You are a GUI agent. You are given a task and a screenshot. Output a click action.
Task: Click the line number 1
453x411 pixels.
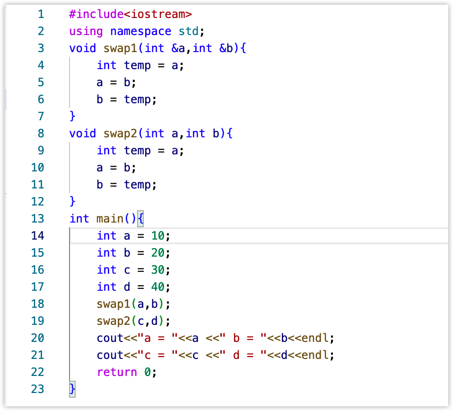tap(41, 14)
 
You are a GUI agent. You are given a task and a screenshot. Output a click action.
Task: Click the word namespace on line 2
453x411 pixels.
tap(141, 31)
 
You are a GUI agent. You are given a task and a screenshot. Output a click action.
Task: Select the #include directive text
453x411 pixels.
tap(96, 14)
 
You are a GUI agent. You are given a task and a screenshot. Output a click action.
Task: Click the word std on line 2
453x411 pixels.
tap(189, 31)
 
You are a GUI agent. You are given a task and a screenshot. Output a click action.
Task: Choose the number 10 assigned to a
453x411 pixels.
tap(158, 236)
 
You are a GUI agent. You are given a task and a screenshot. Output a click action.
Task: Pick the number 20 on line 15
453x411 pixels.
tap(158, 253)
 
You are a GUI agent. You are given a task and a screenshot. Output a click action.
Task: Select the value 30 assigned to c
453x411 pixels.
tap(158, 270)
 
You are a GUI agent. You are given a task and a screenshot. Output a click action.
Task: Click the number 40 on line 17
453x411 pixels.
tap(158, 287)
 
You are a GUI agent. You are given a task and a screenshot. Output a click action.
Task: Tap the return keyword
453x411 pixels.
tap(117, 372)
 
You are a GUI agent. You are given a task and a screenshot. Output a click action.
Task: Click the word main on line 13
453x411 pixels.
tap(110, 219)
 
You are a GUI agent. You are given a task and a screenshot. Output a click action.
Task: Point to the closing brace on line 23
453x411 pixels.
tap(72, 389)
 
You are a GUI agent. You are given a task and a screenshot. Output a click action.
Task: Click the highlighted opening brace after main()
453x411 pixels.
tap(140, 219)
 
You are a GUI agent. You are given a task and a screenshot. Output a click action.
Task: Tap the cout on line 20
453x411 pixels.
tap(110, 338)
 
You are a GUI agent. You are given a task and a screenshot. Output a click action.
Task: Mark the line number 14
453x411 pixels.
tap(37, 236)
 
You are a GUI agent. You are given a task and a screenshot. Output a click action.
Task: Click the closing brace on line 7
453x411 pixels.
tap(72, 116)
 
